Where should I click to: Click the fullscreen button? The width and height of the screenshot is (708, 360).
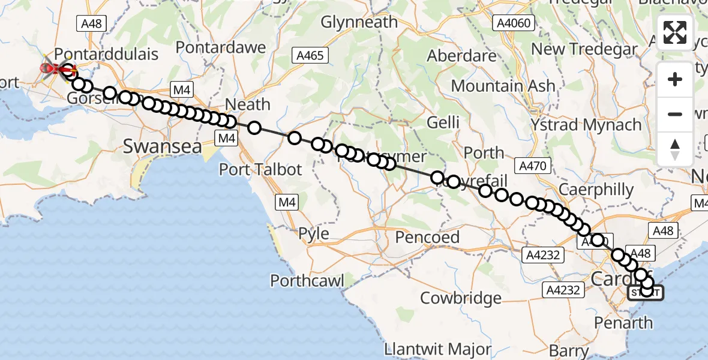tap(675, 32)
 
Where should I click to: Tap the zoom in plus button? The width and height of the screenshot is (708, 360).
tap(675, 80)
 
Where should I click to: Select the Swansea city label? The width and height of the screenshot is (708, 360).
tap(161, 145)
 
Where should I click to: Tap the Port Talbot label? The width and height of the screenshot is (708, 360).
tap(260, 169)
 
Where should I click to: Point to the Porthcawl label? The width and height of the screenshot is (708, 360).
tap(307, 280)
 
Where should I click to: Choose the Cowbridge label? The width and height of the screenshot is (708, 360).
tap(461, 298)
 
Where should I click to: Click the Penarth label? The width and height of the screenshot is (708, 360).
tap(623, 323)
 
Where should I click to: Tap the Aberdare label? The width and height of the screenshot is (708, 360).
tap(462, 56)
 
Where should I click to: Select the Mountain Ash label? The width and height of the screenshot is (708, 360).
tap(503, 86)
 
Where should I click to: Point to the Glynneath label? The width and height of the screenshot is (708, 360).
tap(359, 22)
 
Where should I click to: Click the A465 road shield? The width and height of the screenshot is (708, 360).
tap(310, 56)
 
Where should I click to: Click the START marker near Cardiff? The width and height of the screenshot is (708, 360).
tap(646, 293)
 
